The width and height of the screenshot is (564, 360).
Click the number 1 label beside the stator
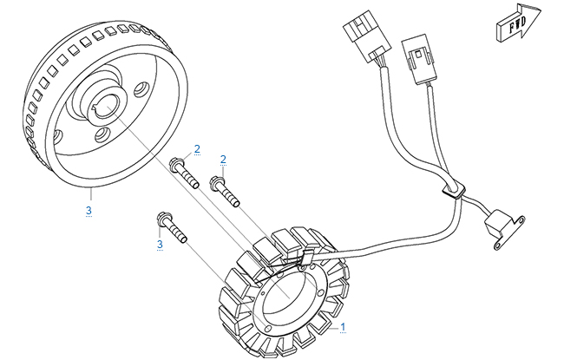coord(343,327)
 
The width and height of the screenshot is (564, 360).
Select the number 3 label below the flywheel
coord(89,211)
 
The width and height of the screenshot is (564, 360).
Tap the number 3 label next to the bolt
coord(160,245)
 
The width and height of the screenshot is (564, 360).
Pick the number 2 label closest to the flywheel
coord(197,149)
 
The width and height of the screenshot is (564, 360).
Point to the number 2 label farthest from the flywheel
coord(223,160)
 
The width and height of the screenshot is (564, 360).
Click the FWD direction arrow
coord(518,23)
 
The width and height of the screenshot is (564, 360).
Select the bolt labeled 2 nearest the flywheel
coord(184,173)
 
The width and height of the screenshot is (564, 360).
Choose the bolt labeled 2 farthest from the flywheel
coord(225,191)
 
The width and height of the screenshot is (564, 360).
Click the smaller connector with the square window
coord(420,59)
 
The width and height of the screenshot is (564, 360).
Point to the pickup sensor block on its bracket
coord(495,223)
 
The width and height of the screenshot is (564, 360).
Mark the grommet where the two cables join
coord(454,190)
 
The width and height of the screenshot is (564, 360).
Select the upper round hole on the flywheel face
coord(141,89)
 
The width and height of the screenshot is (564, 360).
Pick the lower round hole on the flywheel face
coord(103,134)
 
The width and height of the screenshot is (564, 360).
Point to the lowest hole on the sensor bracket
coord(497,245)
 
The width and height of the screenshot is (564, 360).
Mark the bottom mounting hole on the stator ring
coord(267,329)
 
